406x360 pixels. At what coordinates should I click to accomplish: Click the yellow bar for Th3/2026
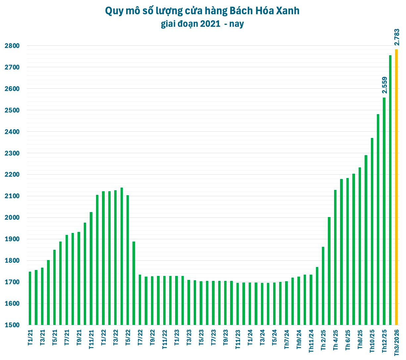(x=396, y=187)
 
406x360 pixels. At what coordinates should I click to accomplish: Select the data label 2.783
(x=397, y=37)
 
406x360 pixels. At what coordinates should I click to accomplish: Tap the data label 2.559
(x=384, y=85)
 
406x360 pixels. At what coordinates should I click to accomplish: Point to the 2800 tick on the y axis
(x=12, y=46)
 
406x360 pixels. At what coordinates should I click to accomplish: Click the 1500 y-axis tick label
(x=12, y=325)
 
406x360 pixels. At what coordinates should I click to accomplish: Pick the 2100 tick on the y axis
(x=12, y=196)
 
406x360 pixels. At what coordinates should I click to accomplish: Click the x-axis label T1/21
(x=30, y=337)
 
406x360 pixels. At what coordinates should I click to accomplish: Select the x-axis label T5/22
(x=128, y=337)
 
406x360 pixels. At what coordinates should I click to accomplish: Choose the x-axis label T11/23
(x=238, y=339)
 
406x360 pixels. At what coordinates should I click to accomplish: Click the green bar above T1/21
(x=30, y=298)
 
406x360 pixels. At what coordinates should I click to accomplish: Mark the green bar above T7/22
(x=140, y=300)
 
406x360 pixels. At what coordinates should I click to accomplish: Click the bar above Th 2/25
(x=323, y=286)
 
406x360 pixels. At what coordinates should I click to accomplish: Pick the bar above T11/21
(x=91, y=268)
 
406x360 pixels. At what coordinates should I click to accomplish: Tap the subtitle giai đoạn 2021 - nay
(x=202, y=24)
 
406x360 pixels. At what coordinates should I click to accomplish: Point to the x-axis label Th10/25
(x=372, y=340)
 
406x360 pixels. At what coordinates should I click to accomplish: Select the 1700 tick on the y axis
(x=12, y=282)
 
